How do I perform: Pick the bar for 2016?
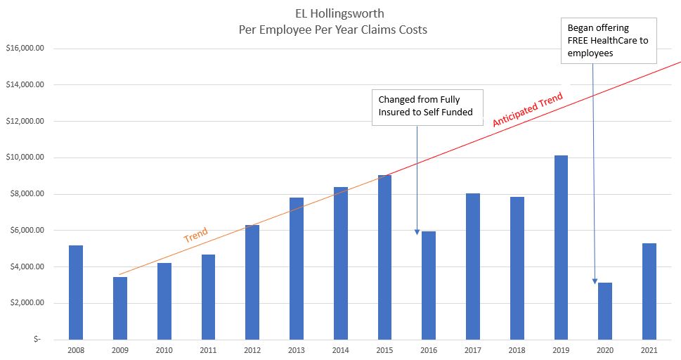(x=429, y=285)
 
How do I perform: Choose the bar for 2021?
(x=649, y=291)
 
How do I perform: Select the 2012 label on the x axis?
(x=252, y=349)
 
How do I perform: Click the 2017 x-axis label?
(x=472, y=349)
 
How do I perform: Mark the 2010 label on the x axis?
(x=164, y=349)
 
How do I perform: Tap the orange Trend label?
(x=195, y=236)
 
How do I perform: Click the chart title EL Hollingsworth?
(x=339, y=13)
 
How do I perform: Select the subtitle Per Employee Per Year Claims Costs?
(x=339, y=30)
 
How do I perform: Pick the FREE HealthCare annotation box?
(x=608, y=41)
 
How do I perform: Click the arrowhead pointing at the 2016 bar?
(x=417, y=232)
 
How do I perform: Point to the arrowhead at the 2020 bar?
(x=596, y=281)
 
